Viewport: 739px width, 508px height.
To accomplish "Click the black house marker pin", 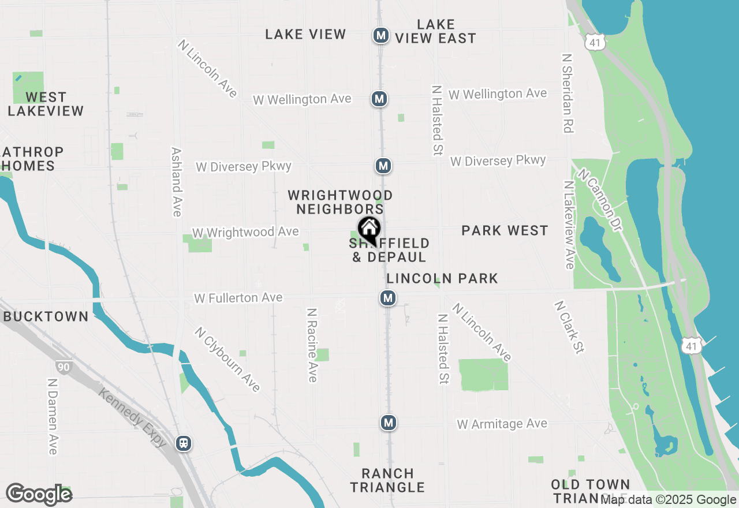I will pyautogui.click(x=369, y=229).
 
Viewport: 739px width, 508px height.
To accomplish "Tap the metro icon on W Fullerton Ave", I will pyautogui.click(x=387, y=298).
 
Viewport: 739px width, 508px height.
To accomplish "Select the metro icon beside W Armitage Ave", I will pyautogui.click(x=389, y=423).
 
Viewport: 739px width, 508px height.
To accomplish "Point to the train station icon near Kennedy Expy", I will pyautogui.click(x=184, y=443).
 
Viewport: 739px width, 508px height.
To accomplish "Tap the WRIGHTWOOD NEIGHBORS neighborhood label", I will pyautogui.click(x=340, y=202).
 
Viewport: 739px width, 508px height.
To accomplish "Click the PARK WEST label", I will pyautogui.click(x=505, y=231).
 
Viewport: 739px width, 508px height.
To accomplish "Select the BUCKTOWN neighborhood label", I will pyautogui.click(x=46, y=316).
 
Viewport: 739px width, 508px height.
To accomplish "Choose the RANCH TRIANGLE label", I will pyautogui.click(x=387, y=480).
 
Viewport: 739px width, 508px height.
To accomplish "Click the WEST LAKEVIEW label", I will pyautogui.click(x=46, y=104).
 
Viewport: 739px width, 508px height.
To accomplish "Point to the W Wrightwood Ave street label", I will pyautogui.click(x=245, y=232).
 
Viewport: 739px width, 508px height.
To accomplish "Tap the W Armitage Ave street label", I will pyautogui.click(x=502, y=424).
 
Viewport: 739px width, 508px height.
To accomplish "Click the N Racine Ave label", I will pyautogui.click(x=312, y=345).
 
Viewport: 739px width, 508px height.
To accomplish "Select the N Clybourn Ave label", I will pyautogui.click(x=227, y=359).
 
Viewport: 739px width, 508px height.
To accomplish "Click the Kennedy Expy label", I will pyautogui.click(x=133, y=418).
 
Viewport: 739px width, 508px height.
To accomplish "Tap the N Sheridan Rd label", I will pyautogui.click(x=568, y=94).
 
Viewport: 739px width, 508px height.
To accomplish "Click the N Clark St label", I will pyautogui.click(x=569, y=327).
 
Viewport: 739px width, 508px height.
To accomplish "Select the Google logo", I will pyautogui.click(x=39, y=495).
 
